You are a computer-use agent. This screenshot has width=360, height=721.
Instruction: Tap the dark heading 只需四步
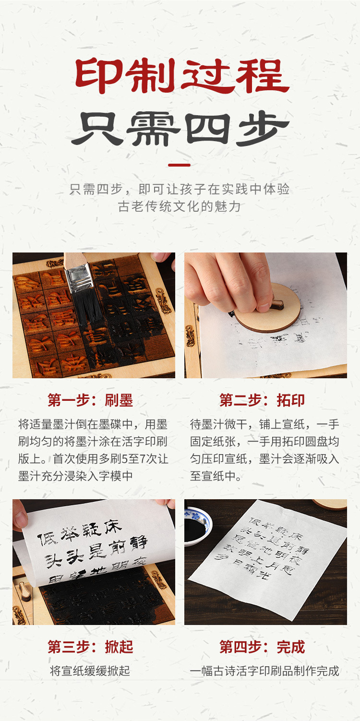(180, 129)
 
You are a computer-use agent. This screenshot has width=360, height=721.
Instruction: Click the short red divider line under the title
(180, 165)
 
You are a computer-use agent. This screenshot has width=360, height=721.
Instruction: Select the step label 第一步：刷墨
(90, 400)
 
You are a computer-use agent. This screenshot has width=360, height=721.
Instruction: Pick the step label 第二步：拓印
(262, 400)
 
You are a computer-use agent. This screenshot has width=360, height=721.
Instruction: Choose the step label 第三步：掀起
(90, 647)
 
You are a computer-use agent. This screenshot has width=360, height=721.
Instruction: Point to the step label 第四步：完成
(262, 647)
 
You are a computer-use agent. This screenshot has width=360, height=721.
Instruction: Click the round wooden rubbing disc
(269, 310)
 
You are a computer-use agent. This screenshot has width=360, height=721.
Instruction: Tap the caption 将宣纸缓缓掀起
(90, 671)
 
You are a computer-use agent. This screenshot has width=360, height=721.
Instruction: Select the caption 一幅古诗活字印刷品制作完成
(264, 671)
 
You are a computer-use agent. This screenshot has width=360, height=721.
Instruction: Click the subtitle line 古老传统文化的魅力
(180, 206)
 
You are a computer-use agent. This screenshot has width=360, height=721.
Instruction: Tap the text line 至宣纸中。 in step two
(216, 476)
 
